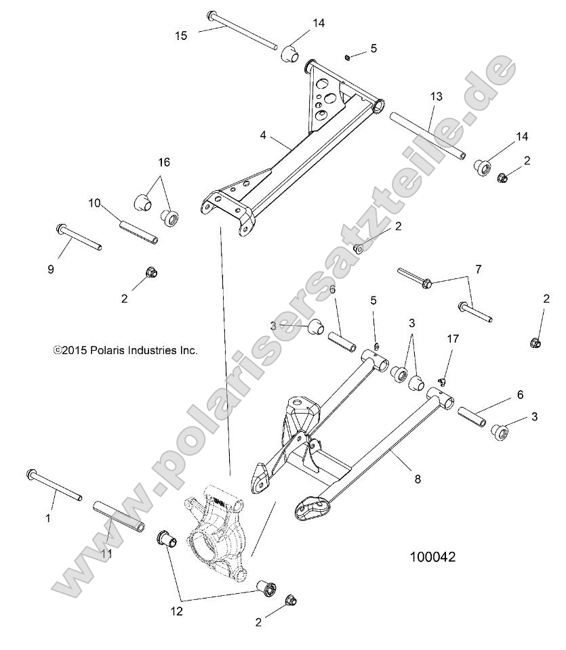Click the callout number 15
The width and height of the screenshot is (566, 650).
pyautogui.click(x=180, y=35)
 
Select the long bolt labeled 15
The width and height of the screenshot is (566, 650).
pyautogui.click(x=242, y=29)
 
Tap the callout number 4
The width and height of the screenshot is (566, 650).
pyautogui.click(x=262, y=135)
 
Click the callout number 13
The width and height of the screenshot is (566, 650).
pyautogui.click(x=435, y=97)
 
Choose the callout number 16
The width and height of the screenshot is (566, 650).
pyautogui.click(x=164, y=162)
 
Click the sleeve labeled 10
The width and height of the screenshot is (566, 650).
pyautogui.click(x=139, y=232)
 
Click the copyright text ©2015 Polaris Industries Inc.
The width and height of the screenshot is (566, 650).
pyautogui.click(x=125, y=350)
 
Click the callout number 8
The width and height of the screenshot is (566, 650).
pyautogui.click(x=418, y=479)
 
